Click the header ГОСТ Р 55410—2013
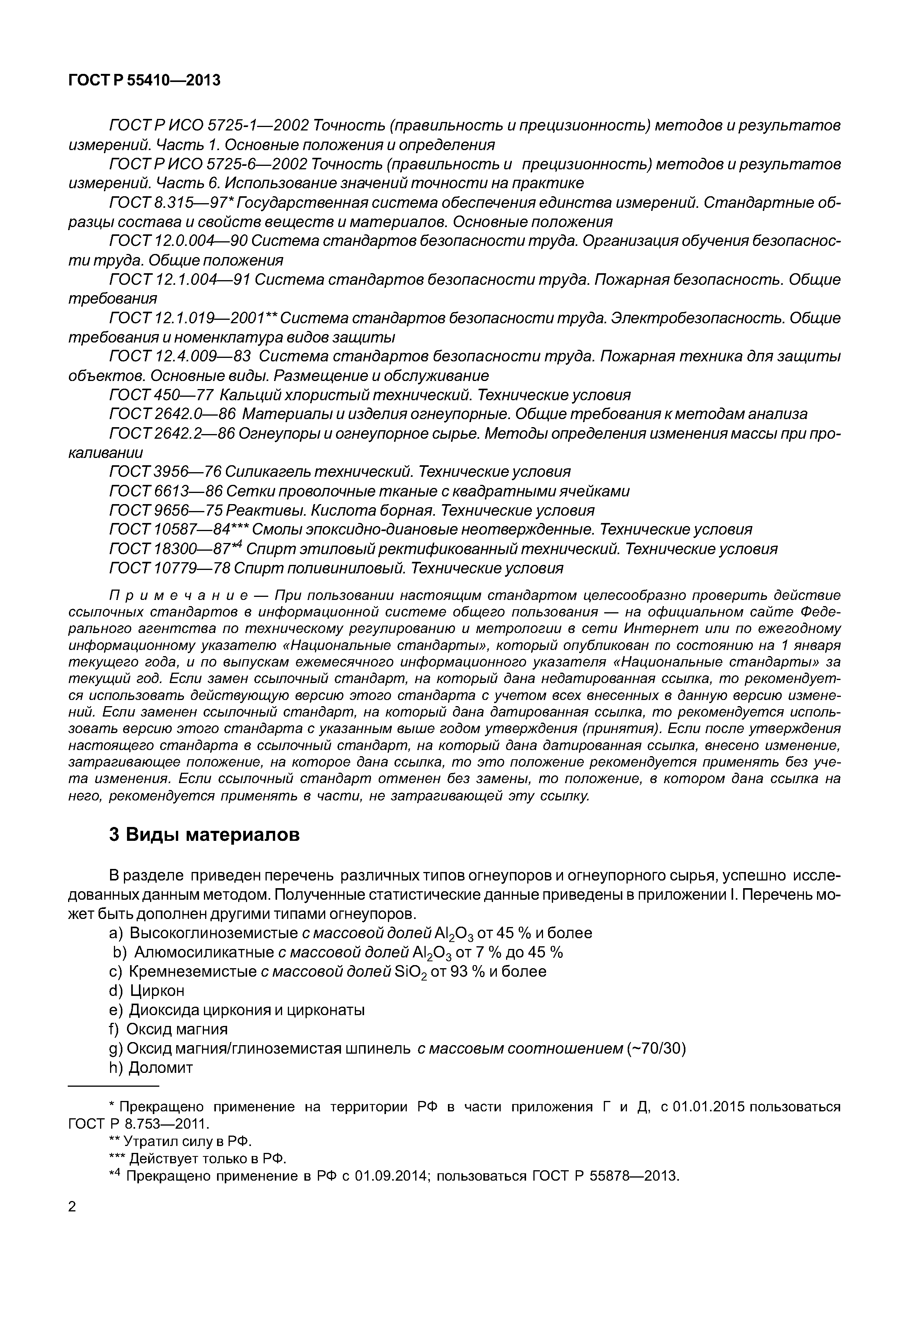pyautogui.click(x=144, y=81)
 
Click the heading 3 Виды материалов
pyautogui.click(x=204, y=835)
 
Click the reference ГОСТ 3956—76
pyautogui.click(x=165, y=472)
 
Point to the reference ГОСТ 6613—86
pyautogui.click(x=165, y=491)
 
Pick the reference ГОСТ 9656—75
pyautogui.click(x=165, y=510)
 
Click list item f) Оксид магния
pyautogui.click(x=168, y=1029)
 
